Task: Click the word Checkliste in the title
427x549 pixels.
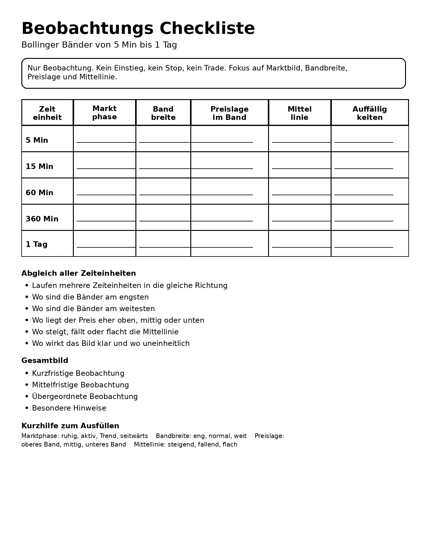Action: click(207, 29)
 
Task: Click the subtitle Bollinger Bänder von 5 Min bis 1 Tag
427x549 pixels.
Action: click(99, 45)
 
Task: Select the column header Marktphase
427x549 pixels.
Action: click(104, 113)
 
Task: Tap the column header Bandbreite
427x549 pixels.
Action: click(163, 113)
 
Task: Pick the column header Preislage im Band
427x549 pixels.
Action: click(229, 113)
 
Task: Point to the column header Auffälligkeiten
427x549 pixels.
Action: click(370, 113)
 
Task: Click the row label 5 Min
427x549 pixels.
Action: click(37, 140)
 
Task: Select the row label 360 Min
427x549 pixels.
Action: click(42, 219)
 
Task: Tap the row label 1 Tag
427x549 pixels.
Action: click(37, 244)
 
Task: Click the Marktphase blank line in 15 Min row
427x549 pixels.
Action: click(106, 168)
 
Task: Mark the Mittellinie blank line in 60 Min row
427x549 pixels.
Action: click(301, 194)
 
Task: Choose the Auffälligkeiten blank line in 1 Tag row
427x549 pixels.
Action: click(364, 247)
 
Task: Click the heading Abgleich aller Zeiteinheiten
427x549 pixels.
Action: click(79, 273)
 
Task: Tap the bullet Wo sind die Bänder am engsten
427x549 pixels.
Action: click(90, 297)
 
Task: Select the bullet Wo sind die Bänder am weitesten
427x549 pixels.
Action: click(93, 309)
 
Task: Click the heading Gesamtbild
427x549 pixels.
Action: click(45, 361)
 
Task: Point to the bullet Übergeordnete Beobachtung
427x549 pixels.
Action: click(85, 396)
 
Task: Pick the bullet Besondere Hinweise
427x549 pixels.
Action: click(69, 408)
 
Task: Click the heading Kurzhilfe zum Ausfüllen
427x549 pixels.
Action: click(70, 426)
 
